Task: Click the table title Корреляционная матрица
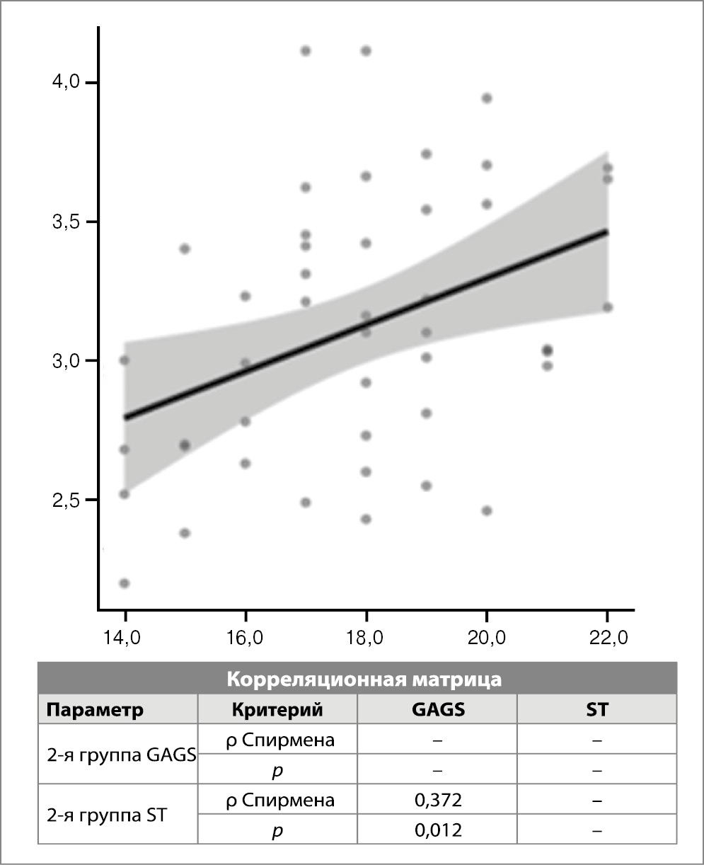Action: tap(364, 680)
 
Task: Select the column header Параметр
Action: tap(96, 710)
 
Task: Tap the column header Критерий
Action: tap(277, 710)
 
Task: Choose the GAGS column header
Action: tap(437, 710)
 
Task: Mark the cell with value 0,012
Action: tap(437, 830)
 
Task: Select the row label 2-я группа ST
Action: tap(105, 815)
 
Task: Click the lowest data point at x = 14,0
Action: tap(125, 583)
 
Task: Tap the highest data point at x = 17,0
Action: tap(306, 50)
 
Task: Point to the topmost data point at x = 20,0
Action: tap(487, 98)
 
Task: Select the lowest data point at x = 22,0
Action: tap(608, 307)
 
